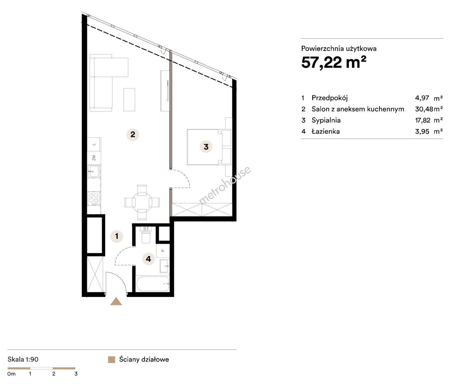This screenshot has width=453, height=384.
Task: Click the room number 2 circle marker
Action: click(x=133, y=134)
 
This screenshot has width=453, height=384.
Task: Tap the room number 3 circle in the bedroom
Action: click(x=206, y=147)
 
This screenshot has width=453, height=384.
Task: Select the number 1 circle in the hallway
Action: click(x=117, y=236)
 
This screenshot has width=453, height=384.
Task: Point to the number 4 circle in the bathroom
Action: click(x=149, y=259)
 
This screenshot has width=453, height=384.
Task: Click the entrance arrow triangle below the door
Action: click(x=116, y=302)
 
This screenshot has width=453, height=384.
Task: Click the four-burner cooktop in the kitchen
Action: click(x=93, y=199)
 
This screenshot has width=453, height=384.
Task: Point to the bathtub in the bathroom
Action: click(x=153, y=284)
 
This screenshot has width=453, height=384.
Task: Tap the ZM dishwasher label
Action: click(x=94, y=158)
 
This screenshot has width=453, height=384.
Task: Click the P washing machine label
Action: click(x=163, y=251)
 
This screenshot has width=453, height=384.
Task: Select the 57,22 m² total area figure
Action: click(x=334, y=63)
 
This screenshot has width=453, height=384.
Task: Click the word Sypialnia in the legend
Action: click(x=326, y=120)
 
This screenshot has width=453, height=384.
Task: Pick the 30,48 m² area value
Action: click(x=429, y=109)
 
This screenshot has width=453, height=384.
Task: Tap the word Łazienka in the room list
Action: click(x=326, y=131)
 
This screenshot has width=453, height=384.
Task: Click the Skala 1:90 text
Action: click(x=23, y=359)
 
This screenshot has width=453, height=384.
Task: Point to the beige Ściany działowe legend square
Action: click(x=112, y=360)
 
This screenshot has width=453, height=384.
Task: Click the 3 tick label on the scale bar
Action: click(x=76, y=374)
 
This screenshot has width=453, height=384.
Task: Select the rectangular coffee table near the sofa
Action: click(x=129, y=100)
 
